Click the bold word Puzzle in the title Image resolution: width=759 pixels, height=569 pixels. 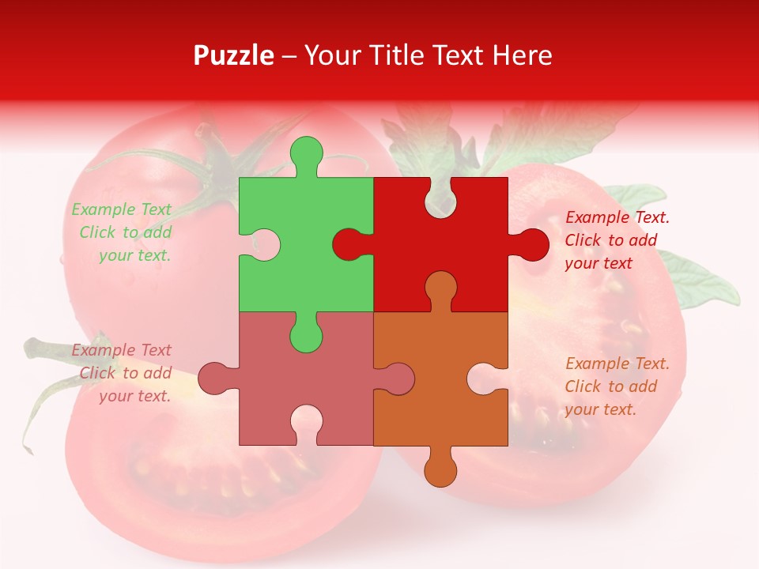234,55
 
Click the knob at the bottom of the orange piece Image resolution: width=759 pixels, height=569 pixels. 440,469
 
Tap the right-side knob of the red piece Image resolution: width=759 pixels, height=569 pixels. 531,244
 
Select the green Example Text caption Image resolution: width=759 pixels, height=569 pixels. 123,232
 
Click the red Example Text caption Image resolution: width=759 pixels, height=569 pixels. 617,240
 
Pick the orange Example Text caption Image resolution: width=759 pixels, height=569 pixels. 617,386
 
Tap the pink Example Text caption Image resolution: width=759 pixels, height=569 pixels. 123,373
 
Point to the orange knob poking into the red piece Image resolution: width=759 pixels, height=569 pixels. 440,288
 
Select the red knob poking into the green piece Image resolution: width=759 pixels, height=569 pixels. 349,245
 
